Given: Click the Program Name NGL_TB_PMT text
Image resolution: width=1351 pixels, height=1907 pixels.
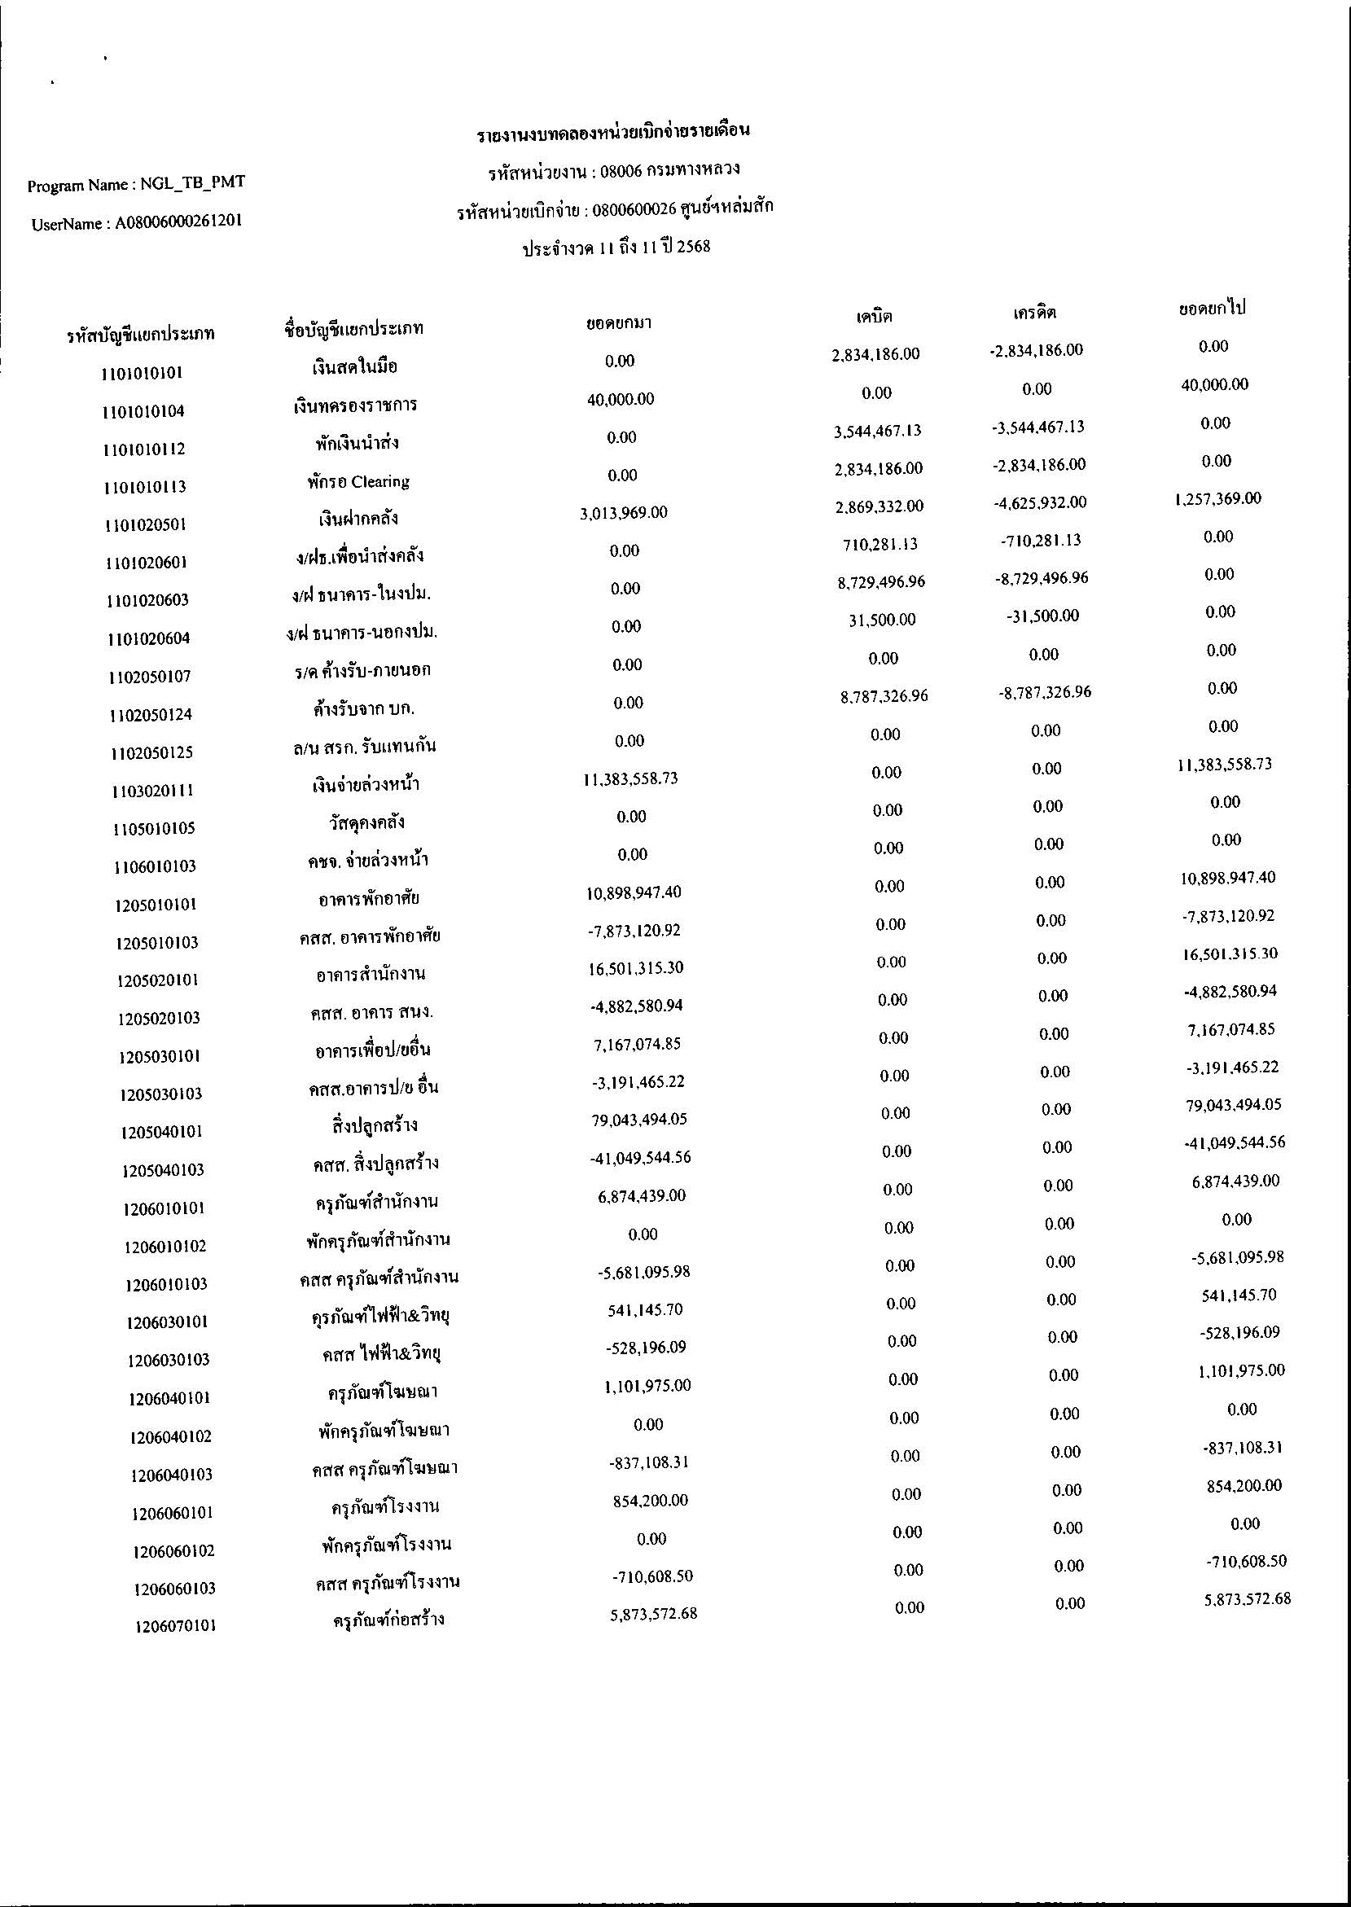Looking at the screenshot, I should [137, 183].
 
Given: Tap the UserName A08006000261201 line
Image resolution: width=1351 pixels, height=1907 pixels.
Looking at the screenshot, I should [138, 222].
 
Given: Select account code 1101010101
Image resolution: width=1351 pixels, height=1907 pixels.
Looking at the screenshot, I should [142, 374].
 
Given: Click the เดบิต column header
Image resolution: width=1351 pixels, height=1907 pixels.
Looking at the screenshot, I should [875, 316].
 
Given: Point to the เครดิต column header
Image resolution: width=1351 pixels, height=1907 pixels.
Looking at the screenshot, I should [1034, 313].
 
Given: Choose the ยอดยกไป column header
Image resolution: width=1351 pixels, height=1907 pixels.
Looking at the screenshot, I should [1211, 309].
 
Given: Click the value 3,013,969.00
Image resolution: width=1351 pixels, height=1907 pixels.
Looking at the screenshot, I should [623, 513].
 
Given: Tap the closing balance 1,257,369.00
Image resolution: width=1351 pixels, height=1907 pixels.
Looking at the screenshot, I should [1218, 499].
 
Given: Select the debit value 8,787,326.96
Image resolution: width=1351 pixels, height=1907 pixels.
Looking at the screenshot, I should [884, 695].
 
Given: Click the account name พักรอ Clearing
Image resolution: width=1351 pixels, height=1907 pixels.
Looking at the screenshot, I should [357, 481].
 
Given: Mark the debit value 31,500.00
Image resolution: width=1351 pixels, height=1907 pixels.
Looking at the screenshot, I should [882, 620].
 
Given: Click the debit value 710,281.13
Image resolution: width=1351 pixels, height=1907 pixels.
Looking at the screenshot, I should [879, 544].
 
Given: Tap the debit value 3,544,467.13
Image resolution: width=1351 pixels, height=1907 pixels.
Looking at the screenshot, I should [878, 430].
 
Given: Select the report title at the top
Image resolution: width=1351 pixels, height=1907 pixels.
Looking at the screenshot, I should [614, 132].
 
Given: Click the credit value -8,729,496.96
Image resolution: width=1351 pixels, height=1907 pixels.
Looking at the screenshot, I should [1042, 578].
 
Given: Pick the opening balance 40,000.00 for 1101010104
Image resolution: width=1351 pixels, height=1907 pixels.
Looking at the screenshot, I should [621, 399].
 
